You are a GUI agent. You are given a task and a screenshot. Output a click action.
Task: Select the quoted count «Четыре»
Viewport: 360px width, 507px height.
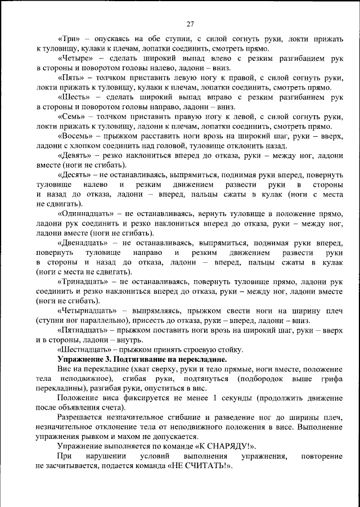[76, 59]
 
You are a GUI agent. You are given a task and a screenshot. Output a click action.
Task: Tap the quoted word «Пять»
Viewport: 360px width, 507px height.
[71, 78]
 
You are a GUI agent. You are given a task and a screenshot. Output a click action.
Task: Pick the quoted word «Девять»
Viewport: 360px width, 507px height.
[75, 154]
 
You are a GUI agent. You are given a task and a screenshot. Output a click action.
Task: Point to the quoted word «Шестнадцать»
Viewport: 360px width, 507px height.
[85, 349]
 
